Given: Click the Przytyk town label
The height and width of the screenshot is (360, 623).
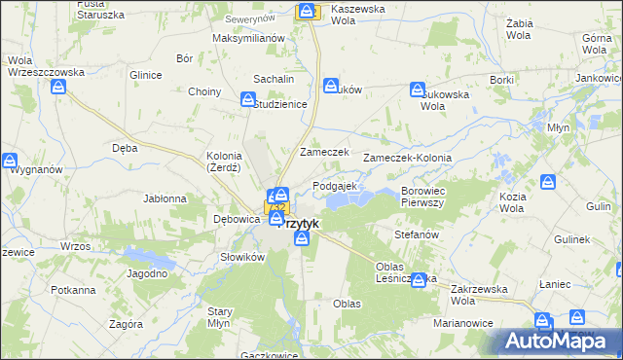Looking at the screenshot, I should pos(301,223).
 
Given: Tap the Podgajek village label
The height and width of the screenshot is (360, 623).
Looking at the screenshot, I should pos(335,186).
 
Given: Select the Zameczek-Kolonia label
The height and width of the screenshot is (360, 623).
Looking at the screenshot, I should pos(407,158).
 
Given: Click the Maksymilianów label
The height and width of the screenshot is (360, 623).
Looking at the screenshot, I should pos(247,38).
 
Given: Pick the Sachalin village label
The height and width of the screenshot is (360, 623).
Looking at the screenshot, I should pos(274,78).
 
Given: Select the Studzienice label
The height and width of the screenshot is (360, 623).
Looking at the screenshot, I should pos(281,104).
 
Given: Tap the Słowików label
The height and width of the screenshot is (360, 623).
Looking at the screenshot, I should pos(242,257).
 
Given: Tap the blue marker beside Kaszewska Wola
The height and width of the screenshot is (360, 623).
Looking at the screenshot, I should pos(308,12).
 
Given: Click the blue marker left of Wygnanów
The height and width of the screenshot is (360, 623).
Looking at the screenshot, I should pos(10,161).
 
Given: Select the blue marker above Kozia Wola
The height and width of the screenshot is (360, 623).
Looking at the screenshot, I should pos(549,182).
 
